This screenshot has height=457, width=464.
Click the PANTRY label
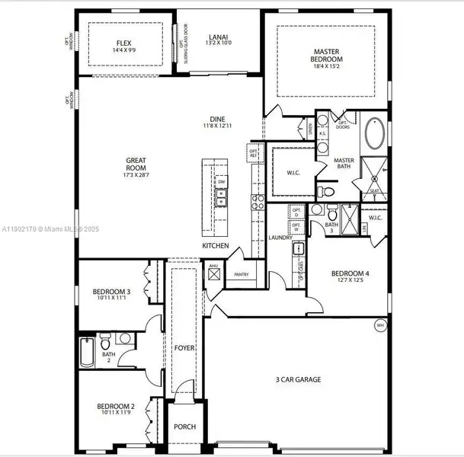coord(242,274)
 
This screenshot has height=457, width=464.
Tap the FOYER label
coord(184,348)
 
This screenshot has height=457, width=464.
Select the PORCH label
coord(184,427)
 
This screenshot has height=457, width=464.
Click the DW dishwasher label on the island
coord(220,183)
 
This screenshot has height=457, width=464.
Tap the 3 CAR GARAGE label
coord(298,379)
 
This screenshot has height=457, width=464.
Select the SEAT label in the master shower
coord(374,191)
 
